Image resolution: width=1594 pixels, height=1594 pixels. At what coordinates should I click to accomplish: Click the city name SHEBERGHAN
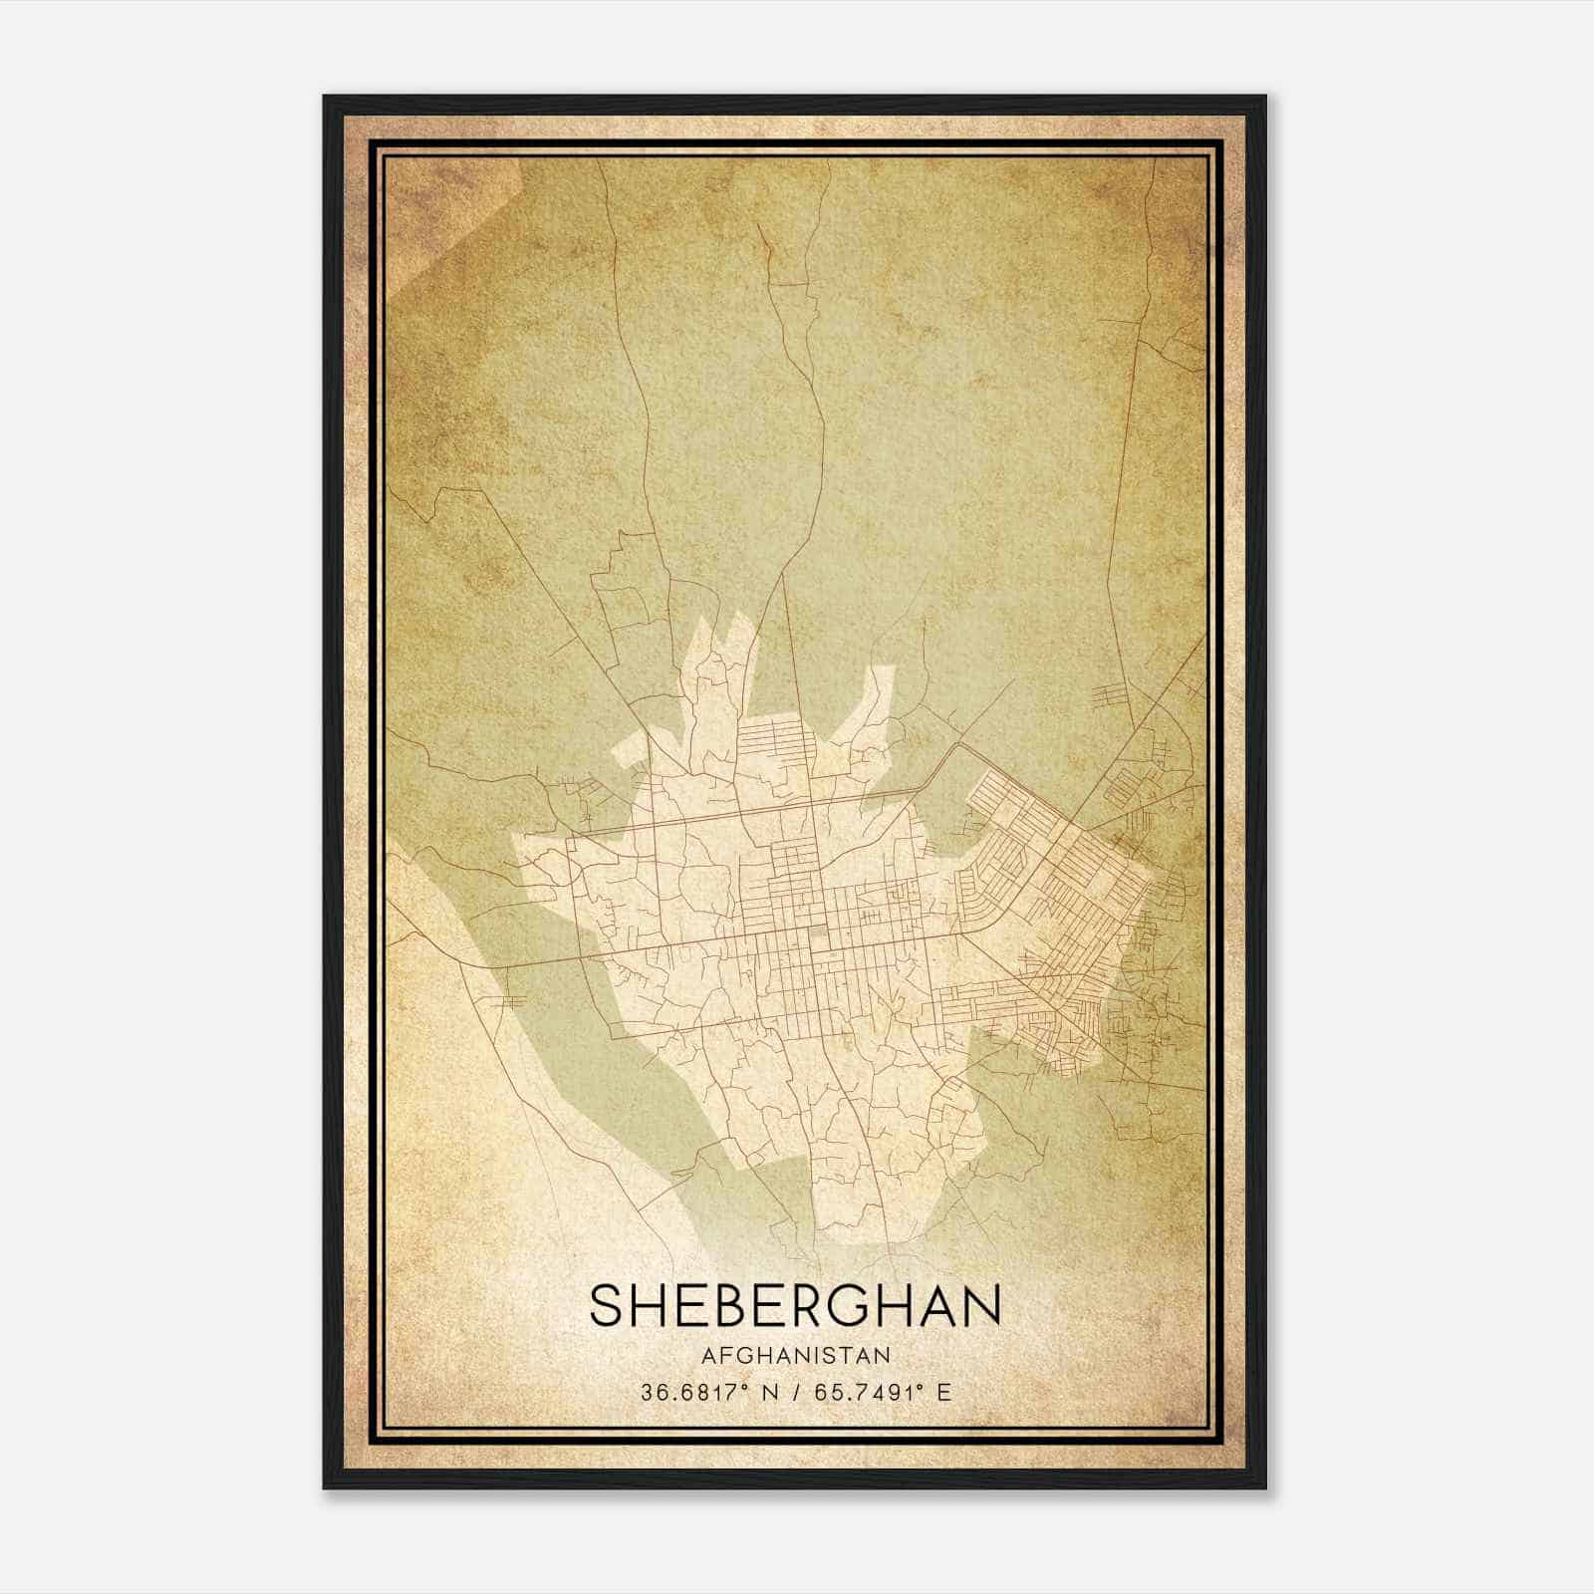795,1306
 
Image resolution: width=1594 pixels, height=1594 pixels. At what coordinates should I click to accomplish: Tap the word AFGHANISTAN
795,1356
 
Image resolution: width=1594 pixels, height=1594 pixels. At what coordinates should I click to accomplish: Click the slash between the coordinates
794,1392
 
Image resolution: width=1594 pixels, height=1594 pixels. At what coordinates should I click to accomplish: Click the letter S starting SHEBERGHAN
609,1306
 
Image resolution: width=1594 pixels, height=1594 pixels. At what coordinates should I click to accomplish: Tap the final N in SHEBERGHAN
981,1306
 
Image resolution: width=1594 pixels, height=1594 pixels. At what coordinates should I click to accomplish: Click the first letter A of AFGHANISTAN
708,1356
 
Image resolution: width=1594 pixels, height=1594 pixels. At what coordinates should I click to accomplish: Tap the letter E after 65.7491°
944,1392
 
